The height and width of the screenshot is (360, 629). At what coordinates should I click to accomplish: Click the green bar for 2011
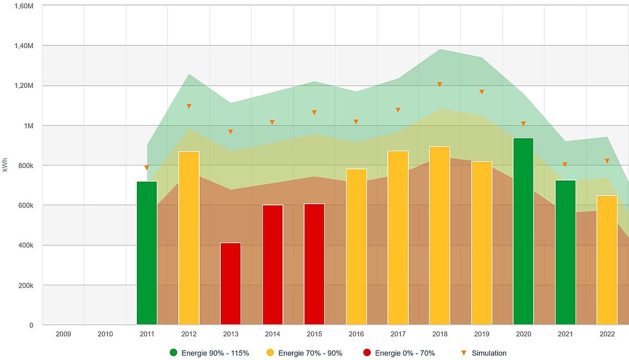tap(147, 253)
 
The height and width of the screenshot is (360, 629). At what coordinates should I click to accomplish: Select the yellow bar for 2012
tap(189, 238)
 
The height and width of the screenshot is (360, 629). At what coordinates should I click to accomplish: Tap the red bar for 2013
tap(231, 284)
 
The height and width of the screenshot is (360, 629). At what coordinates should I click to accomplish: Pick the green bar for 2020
tap(523, 231)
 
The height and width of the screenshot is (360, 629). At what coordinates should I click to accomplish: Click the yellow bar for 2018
tap(440, 236)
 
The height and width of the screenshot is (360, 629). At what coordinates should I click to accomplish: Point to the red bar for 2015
tap(314, 264)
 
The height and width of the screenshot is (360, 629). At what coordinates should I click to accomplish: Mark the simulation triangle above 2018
tap(440, 84)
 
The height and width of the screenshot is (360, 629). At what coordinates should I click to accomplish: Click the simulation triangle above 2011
tap(147, 167)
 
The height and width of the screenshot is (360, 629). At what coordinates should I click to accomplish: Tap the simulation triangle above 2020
tap(523, 124)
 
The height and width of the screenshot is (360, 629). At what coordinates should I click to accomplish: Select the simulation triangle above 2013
tap(231, 131)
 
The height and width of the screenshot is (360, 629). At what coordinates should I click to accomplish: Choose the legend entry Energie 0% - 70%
tap(399, 353)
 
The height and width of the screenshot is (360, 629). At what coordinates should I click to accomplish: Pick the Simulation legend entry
tap(483, 353)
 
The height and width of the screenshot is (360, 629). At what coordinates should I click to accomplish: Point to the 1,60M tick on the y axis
tap(24, 6)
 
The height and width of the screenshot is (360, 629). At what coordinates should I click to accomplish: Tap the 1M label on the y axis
tap(29, 126)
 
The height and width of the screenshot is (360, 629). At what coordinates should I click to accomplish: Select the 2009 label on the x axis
tap(63, 334)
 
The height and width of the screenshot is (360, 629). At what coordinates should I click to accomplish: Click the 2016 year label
tap(356, 334)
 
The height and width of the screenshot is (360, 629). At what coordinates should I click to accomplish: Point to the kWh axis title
tap(6, 165)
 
